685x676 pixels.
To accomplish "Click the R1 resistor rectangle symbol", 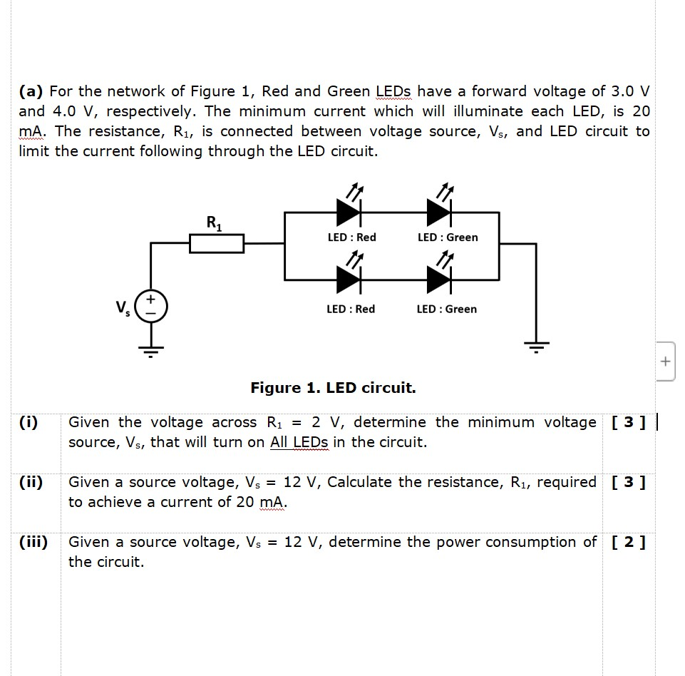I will (216, 244).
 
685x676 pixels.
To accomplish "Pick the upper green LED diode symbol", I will (440, 212).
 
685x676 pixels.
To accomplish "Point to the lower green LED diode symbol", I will (440, 282).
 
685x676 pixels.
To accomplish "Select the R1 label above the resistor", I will (213, 222).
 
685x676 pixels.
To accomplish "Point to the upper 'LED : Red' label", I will (351, 237).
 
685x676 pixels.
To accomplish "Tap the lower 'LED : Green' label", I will (447, 309).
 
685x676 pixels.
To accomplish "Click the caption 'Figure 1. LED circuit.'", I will (333, 388).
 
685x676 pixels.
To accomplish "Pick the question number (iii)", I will (34, 542).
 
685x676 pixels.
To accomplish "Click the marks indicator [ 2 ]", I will (628, 542).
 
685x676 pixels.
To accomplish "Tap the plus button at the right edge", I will (664, 362).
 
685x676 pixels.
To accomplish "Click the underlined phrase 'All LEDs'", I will (299, 442).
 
